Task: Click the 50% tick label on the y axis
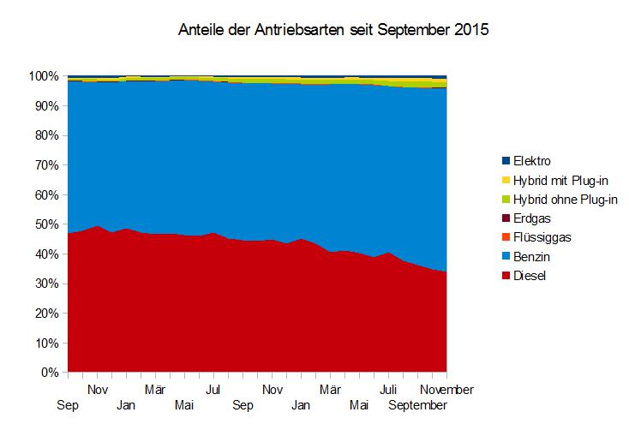pos(47,224)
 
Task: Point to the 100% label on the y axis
pos(45,76)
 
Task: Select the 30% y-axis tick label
pos(47,284)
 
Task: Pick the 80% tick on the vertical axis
pos(47,135)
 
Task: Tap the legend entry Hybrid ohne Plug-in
pos(566,200)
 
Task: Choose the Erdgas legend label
pos(533,218)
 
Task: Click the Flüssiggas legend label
pos(542,238)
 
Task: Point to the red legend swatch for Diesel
pos(506,276)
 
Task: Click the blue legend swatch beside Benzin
pos(506,257)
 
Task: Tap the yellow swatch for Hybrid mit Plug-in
pos(506,180)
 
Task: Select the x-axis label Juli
pos(388,389)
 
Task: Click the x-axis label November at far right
pos(446,389)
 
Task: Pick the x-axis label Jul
pos(214,389)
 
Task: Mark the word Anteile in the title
pos(201,31)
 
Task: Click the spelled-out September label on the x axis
pos(417,405)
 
